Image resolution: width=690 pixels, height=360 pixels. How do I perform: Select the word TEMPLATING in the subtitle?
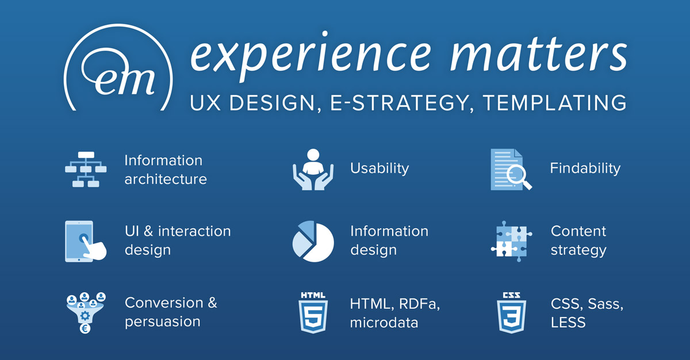(x=555, y=102)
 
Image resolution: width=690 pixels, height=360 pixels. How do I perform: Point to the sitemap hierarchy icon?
(x=86, y=170)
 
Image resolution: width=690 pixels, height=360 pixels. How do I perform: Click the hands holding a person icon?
(x=313, y=170)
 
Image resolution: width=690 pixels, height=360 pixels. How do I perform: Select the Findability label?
(x=585, y=168)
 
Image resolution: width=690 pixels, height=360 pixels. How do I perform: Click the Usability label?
(x=379, y=168)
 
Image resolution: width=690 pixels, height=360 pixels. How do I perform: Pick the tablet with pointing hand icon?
(x=86, y=242)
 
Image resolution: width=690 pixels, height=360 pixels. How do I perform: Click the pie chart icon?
(x=313, y=242)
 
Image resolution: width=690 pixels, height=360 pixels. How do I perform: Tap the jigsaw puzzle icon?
(x=511, y=242)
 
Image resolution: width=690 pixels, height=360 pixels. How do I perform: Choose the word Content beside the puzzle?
(x=578, y=231)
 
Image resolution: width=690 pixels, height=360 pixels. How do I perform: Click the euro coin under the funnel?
(x=85, y=328)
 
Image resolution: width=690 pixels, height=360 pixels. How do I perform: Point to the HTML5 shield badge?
(x=313, y=313)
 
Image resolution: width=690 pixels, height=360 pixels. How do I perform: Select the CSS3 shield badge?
(x=511, y=313)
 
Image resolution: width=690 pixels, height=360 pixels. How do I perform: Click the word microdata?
(x=384, y=323)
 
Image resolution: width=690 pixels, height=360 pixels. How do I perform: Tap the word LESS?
(x=568, y=323)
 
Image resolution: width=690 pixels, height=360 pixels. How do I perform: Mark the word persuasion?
(x=163, y=322)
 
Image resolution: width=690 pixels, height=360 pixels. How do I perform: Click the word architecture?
(x=166, y=179)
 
